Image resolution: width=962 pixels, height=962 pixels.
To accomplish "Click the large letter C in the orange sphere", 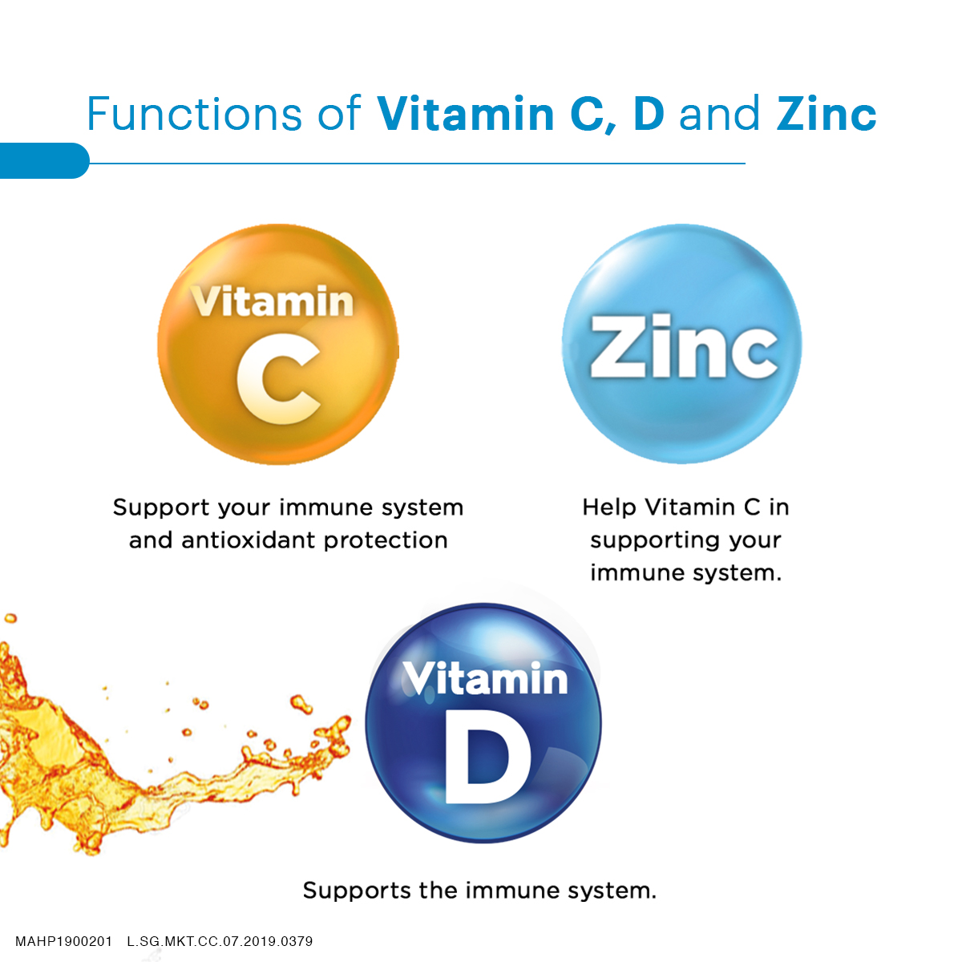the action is coord(278,378).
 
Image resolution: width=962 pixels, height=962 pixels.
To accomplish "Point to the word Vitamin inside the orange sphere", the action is coord(272,301).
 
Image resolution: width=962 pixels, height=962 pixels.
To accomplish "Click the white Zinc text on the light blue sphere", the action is coord(684,346).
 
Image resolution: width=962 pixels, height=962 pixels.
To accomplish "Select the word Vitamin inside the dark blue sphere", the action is coord(485,678).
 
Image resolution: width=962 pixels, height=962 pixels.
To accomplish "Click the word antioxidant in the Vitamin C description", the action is coord(249,540).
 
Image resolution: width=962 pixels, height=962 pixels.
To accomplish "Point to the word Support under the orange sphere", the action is coord(161,508).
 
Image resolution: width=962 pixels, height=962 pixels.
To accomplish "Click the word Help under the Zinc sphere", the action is coord(609,507).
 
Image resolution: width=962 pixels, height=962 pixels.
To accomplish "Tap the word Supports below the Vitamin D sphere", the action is coord(357,891).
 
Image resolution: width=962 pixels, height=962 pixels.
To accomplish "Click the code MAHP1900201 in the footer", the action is coord(64,941).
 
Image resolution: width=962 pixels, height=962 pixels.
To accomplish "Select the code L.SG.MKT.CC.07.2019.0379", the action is coord(220,941).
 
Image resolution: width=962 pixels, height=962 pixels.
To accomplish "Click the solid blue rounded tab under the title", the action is coord(44,161).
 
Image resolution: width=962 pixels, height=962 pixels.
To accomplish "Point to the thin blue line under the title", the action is coord(418,163).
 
